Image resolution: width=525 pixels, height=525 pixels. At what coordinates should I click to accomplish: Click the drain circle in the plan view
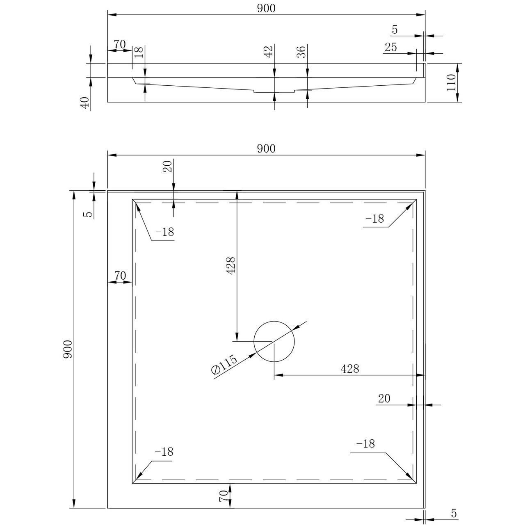point(274,341)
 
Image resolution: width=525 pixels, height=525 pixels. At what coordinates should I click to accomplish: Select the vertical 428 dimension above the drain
point(231,266)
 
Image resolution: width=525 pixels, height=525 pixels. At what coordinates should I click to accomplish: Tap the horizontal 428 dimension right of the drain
point(349,369)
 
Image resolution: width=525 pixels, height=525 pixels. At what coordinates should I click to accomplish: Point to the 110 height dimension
point(451,82)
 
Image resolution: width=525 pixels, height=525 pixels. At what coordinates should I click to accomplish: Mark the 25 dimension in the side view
point(390,47)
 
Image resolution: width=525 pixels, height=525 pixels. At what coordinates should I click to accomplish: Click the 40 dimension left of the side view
point(85,102)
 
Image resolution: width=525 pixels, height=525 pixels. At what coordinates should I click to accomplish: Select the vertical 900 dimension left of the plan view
point(68,349)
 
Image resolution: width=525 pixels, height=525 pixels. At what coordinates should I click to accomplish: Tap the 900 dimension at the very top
point(266,8)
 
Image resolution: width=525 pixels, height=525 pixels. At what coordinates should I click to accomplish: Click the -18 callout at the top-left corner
point(165,232)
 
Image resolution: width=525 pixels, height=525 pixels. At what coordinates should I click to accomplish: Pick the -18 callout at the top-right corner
point(375,219)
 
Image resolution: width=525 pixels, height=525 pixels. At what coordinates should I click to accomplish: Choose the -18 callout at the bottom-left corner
point(164,452)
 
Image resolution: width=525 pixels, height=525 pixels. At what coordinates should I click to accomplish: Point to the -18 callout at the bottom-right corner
point(365,444)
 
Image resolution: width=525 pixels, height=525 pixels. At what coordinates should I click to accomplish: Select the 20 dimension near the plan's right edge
point(384,399)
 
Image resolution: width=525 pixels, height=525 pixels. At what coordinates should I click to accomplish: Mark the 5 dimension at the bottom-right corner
point(453,513)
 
